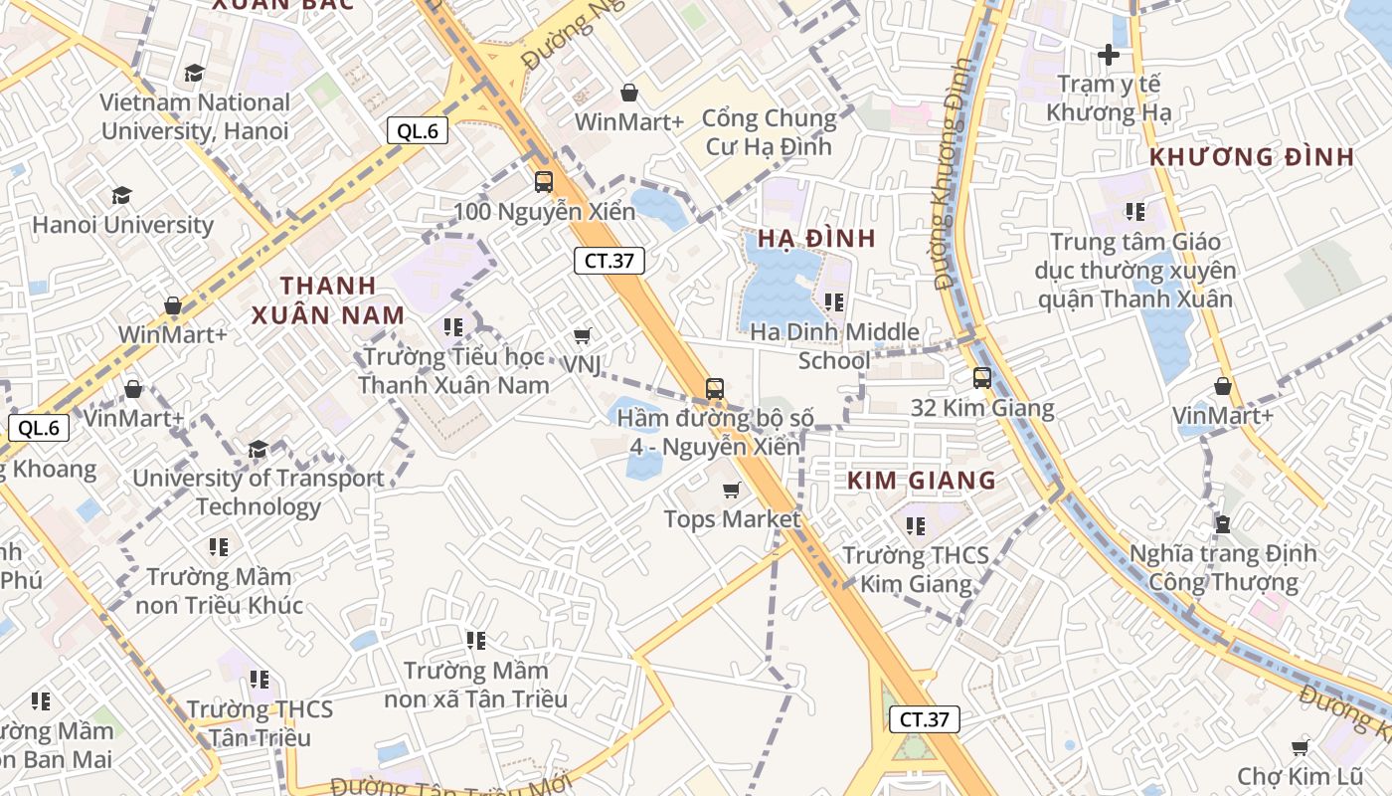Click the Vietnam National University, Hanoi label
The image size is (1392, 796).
(195, 116)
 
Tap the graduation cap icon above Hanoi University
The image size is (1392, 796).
(121, 195)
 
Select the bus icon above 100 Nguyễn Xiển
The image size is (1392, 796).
(544, 182)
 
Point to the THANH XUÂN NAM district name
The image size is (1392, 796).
(328, 300)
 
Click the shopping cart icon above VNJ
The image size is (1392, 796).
(583, 337)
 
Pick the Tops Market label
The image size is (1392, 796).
(732, 519)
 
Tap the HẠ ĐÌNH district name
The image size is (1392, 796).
(816, 238)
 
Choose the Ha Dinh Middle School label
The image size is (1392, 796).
(835, 345)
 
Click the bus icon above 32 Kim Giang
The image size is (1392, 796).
(982, 378)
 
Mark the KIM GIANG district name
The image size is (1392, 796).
(922, 481)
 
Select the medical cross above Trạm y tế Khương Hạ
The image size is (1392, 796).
(1109, 55)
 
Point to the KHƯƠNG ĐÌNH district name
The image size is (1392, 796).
(1252, 157)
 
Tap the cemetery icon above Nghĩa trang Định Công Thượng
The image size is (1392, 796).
(1223, 523)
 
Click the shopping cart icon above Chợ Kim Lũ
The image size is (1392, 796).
(1300, 747)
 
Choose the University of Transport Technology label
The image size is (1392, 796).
(259, 492)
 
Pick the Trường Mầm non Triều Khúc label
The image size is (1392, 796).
(220, 590)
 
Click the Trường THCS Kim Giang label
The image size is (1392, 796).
(916, 569)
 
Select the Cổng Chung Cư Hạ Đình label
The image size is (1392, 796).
(770, 132)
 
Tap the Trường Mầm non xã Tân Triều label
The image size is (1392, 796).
(476, 685)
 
